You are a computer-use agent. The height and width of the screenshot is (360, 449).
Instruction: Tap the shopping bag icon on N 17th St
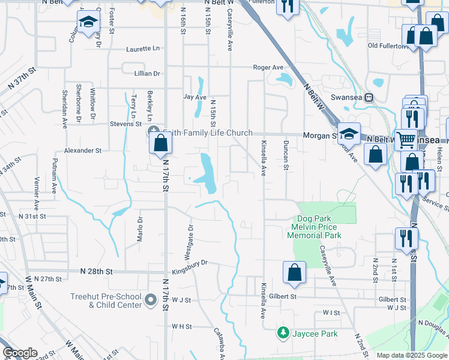161,143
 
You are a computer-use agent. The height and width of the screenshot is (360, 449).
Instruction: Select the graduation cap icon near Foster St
88,23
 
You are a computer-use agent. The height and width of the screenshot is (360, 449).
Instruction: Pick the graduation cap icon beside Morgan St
348,133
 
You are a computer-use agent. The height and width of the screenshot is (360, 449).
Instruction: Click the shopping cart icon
406,140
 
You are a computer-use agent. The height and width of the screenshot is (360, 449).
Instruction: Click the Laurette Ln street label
143,49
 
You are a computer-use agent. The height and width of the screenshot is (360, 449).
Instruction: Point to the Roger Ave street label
268,68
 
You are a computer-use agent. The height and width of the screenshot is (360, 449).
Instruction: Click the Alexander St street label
83,151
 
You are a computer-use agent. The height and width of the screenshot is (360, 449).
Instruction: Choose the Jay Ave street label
194,97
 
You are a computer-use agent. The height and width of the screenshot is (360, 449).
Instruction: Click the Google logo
20,353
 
